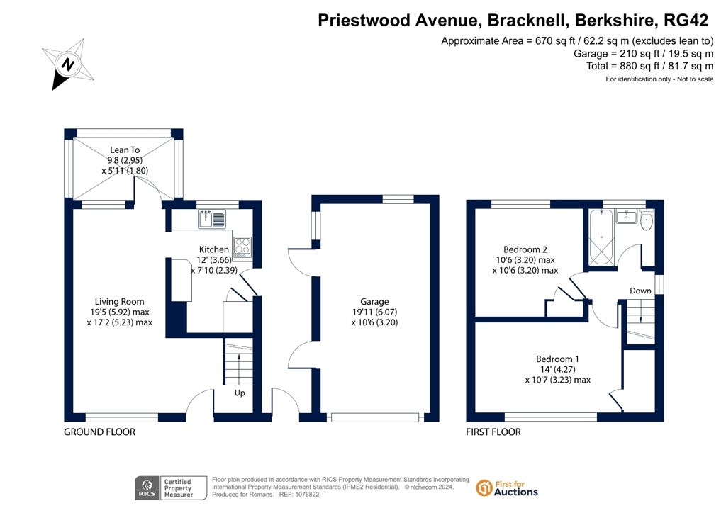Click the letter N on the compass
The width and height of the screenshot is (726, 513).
pyautogui.click(x=68, y=64)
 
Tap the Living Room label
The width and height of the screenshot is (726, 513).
pyautogui.click(x=119, y=302)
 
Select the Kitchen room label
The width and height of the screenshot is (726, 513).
pyautogui.click(x=214, y=249)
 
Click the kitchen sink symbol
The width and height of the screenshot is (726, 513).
pyautogui.click(x=212, y=219)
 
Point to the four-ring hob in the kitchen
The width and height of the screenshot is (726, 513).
pyautogui.click(x=242, y=247)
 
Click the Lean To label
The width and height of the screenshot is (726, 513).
pyautogui.click(x=125, y=150)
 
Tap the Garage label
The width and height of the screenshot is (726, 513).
pyautogui.click(x=374, y=302)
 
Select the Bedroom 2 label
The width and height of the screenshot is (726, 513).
pyautogui.click(x=525, y=249)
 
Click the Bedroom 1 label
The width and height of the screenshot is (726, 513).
pyautogui.click(x=557, y=359)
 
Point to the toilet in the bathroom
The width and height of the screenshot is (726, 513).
pyautogui.click(x=647, y=220)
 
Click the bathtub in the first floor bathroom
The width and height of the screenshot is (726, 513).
pyautogui.click(x=601, y=237)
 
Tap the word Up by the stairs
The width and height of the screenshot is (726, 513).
pyautogui.click(x=240, y=393)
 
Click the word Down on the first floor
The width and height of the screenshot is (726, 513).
pyautogui.click(x=640, y=291)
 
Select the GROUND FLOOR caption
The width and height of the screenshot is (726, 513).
pyautogui.click(x=99, y=432)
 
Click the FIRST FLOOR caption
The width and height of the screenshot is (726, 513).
pyautogui.click(x=493, y=432)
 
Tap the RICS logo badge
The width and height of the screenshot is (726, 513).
pyautogui.click(x=171, y=488)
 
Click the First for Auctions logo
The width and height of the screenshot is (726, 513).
pyautogui.click(x=506, y=488)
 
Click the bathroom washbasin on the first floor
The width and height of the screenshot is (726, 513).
pyautogui.click(x=627, y=216)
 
